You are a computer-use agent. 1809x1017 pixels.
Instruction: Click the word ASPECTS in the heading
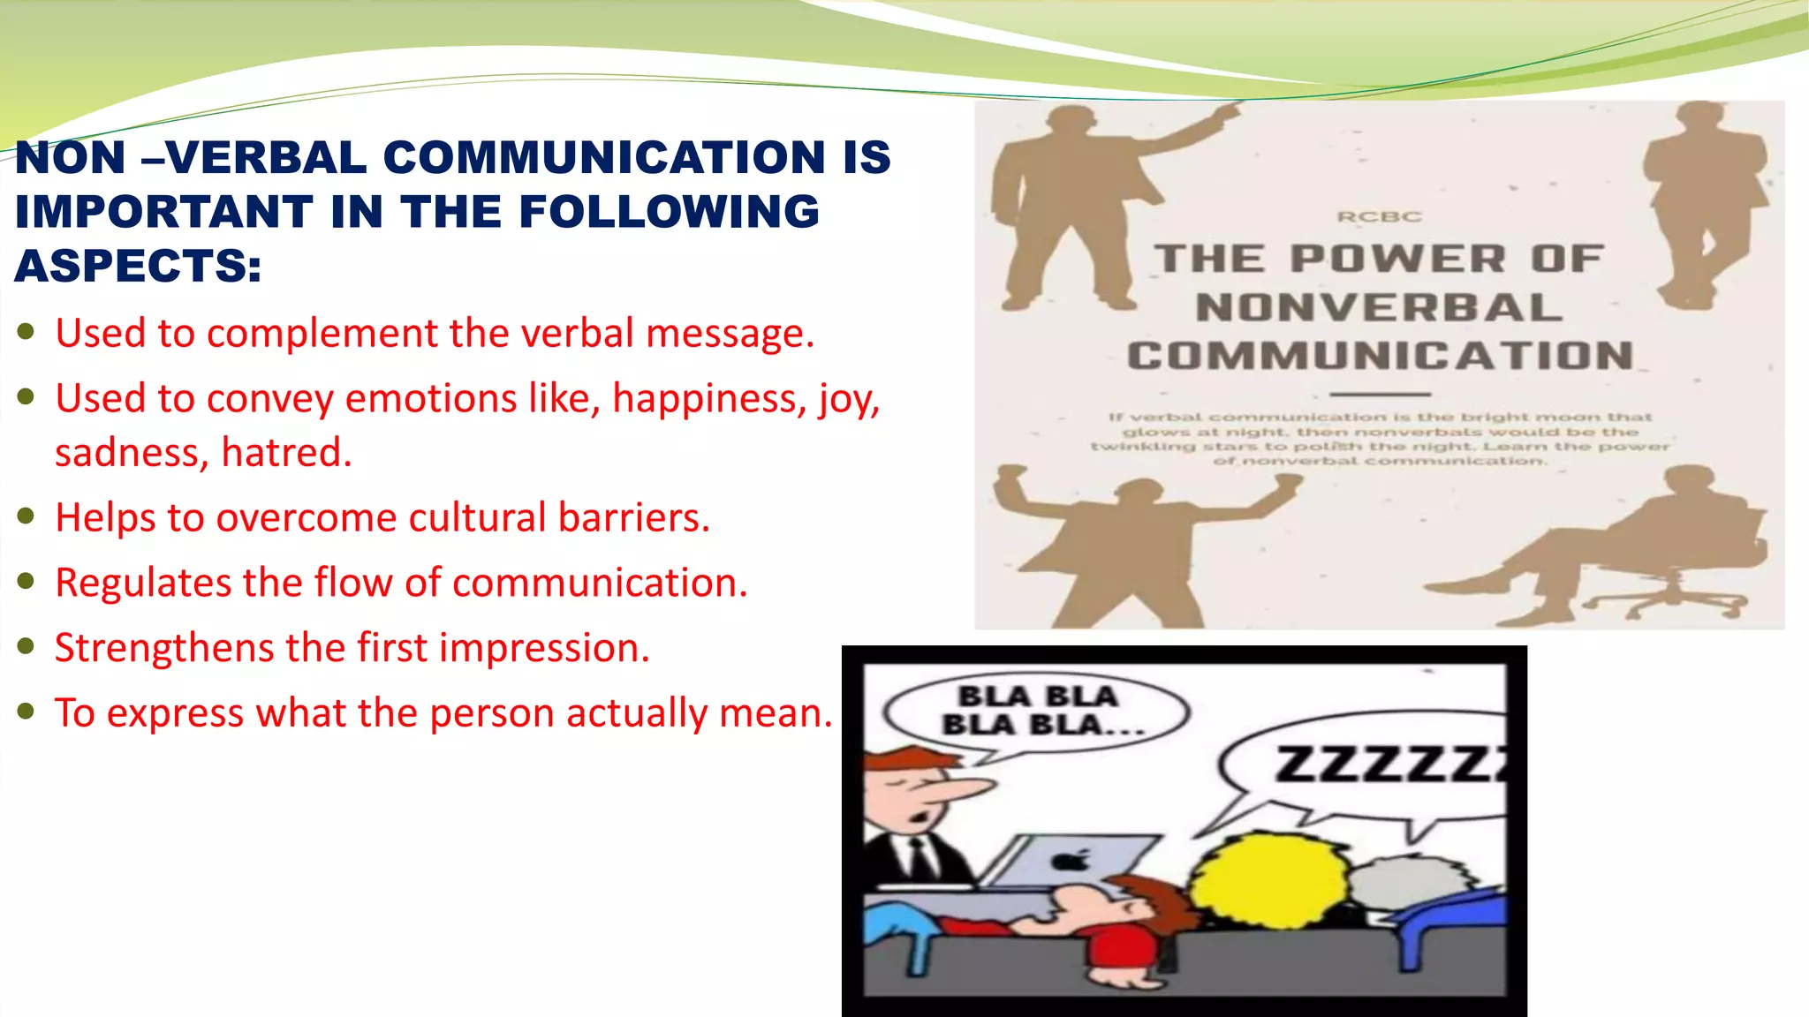pyautogui.click(x=137, y=267)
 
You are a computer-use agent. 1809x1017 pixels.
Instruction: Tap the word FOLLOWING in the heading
pyautogui.click(x=670, y=212)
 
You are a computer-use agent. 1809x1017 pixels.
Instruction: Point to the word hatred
pyautogui.click(x=285, y=453)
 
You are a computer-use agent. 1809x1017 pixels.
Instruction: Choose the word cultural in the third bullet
pyautogui.click(x=477, y=518)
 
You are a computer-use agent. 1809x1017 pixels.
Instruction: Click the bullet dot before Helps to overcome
pyautogui.click(x=26, y=516)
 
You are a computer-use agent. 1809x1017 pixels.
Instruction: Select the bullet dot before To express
pyautogui.click(x=26, y=711)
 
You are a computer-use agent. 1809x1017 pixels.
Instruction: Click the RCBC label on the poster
pyautogui.click(x=1379, y=217)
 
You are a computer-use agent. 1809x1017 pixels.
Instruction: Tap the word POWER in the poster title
pyautogui.click(x=1397, y=260)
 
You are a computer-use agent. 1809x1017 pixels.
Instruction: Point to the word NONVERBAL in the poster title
pyautogui.click(x=1379, y=308)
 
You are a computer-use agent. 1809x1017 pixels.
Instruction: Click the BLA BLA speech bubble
pyautogui.click(x=1038, y=711)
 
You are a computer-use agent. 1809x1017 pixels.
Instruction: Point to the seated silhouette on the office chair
pyautogui.click(x=1625, y=547)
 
